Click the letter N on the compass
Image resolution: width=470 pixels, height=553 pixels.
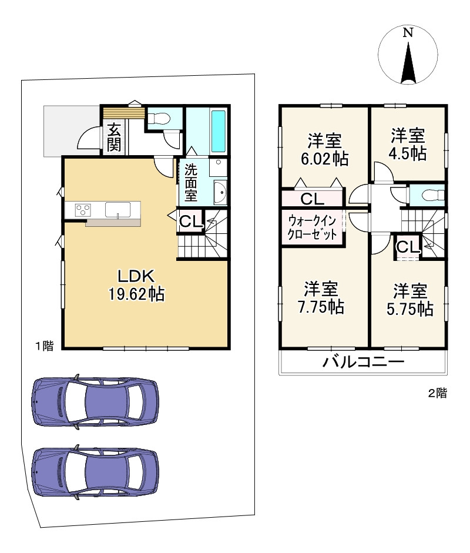coord(408,33)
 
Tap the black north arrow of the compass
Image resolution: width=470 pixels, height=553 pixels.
coord(408,63)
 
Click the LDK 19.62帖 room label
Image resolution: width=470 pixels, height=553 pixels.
coord(136,284)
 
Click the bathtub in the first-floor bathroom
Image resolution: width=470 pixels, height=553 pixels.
coord(218,131)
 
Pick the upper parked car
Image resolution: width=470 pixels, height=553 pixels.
coord(95,402)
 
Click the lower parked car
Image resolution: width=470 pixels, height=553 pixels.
coord(95,472)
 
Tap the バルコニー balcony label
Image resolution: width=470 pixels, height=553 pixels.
coord(364,362)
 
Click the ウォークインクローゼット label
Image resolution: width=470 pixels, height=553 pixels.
coord(312,227)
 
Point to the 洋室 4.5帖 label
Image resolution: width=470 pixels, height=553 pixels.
coord(408,145)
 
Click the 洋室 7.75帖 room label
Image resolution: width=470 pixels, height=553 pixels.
coord(321,298)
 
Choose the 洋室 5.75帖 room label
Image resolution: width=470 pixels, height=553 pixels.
coord(410,300)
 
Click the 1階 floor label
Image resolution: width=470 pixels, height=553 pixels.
coord(45,346)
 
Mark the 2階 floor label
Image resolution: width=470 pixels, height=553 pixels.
coord(438,393)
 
